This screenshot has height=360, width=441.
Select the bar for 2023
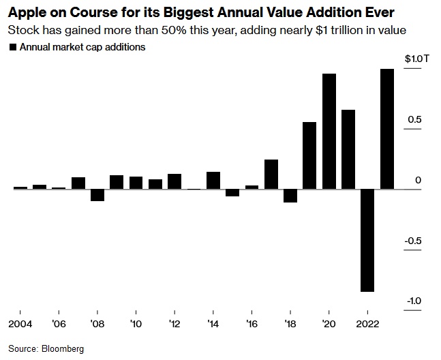387,129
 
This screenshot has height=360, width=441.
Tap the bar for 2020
329,131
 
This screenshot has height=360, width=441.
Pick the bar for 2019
309,155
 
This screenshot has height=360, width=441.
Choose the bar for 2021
348,149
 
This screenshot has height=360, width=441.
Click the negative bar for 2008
97,195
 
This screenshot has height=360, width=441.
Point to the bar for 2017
271,174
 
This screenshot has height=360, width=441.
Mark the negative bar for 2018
290,196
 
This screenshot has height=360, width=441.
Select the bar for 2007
78,183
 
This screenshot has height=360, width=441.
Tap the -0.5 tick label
414,241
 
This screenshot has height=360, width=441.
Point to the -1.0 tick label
414,301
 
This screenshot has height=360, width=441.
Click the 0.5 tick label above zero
415,120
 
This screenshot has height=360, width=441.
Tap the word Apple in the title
25,13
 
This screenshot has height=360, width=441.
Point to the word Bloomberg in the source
63,348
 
